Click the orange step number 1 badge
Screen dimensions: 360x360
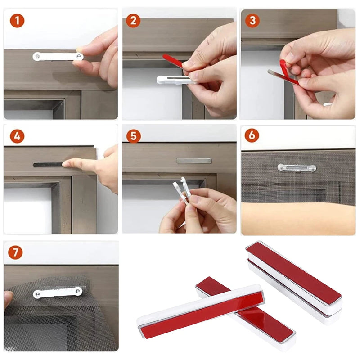(17, 20)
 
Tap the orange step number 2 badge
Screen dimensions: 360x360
(133, 20)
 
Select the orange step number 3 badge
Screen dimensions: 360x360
(252, 20)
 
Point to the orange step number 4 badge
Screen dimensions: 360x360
(17, 136)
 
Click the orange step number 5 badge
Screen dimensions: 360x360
(133, 136)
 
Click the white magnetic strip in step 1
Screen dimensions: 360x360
(58, 56)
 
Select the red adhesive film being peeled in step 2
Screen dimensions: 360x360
(172, 61)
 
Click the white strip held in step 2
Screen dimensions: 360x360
(173, 80)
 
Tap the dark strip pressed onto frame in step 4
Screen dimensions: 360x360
(48, 165)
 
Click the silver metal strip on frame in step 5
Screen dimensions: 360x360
(193, 161)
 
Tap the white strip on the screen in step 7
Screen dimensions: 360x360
(58, 292)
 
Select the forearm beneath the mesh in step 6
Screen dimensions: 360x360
(297, 218)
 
